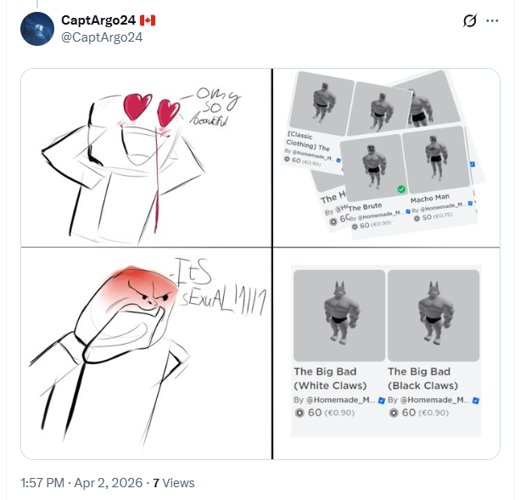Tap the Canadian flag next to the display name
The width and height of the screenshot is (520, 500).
pos(148,20)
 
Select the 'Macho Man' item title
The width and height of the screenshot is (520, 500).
pos(429,198)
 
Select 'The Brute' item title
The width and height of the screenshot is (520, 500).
pos(364,206)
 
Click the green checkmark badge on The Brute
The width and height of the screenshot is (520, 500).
pos(401,189)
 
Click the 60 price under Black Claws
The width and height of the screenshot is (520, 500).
pos(410,413)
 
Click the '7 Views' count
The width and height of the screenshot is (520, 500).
pos(174,482)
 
